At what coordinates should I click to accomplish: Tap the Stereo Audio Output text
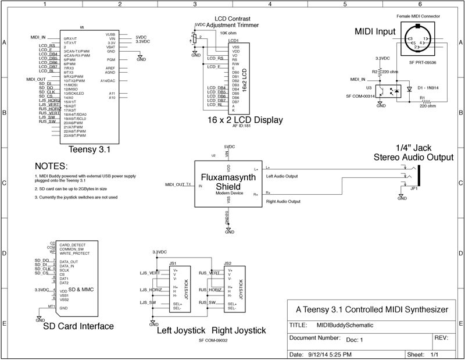point(413,156)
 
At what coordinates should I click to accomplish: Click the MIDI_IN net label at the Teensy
point(38,37)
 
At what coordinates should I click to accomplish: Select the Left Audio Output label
point(281,176)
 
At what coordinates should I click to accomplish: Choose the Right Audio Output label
point(283,201)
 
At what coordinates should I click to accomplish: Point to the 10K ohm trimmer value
point(228,33)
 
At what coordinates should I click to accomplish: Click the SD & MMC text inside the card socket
point(80,289)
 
